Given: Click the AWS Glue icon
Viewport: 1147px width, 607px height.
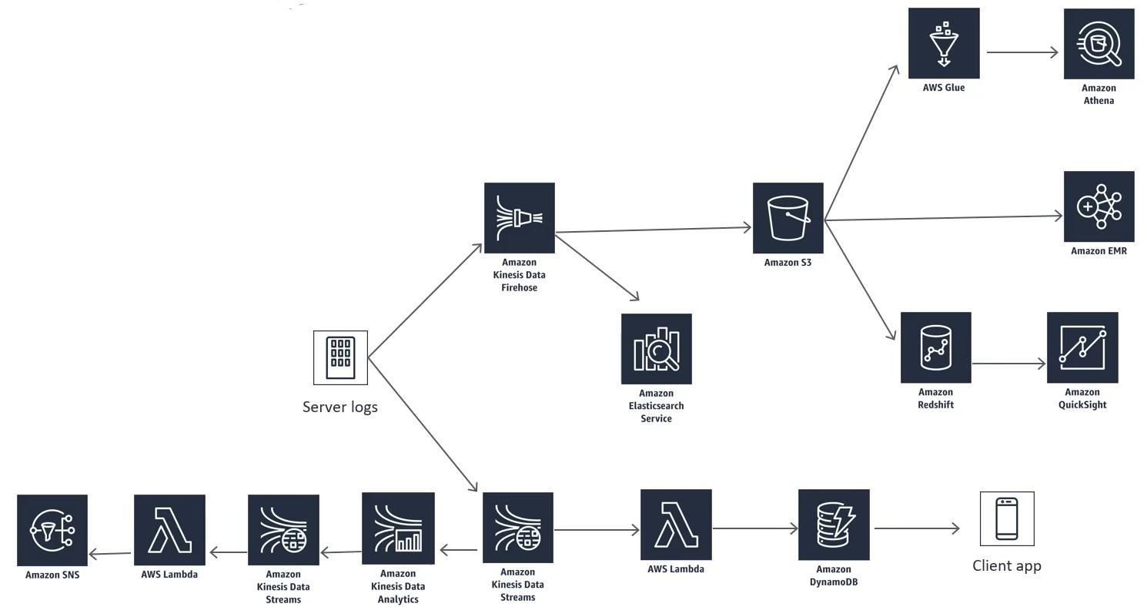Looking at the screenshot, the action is [944, 43].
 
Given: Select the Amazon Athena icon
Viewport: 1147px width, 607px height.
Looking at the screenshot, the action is [1099, 44].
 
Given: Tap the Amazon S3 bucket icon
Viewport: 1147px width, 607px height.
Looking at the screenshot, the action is [788, 218].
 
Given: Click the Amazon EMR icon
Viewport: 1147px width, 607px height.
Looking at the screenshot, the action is [1099, 206].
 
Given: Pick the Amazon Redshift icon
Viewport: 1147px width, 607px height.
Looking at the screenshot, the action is [936, 347].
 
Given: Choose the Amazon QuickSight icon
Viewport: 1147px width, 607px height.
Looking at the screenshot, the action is [1082, 347].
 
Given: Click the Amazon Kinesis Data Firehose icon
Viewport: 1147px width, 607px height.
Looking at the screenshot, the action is [519, 218].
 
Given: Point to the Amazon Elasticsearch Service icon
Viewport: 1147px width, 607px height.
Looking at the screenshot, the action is [657, 349].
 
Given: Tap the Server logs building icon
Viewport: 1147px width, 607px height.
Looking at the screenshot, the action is [340, 357].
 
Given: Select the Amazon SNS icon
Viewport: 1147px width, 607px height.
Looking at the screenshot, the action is [52, 530].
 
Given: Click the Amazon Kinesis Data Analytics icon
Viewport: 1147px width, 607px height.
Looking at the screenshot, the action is [398, 528].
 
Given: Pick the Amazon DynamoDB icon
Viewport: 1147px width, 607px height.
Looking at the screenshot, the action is [834, 525].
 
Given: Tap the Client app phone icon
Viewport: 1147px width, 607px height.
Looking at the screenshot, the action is [1007, 518].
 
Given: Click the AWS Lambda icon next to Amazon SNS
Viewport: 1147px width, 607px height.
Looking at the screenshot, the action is [169, 530].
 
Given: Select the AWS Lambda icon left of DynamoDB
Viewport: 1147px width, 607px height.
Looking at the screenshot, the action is [676, 525].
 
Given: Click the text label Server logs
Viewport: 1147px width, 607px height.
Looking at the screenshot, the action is [340, 407].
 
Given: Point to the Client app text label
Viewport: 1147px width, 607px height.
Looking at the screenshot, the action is [1007, 565].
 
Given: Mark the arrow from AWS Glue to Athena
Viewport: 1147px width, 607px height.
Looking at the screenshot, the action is [1022, 52].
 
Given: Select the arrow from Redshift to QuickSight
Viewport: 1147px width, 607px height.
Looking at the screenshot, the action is [1008, 364].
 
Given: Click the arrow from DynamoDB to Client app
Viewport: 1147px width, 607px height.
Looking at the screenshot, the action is [917, 528].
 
